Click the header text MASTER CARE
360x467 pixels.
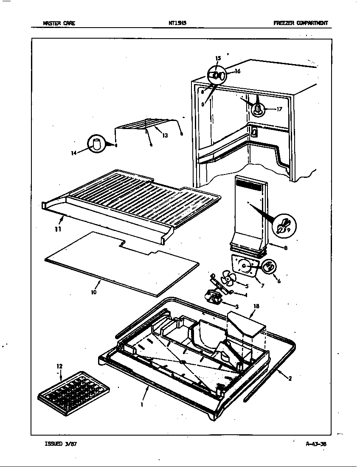(x=59, y=23)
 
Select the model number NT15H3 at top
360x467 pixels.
(x=180, y=23)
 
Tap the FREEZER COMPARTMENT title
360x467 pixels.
(x=301, y=23)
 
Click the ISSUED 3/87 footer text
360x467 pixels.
(x=60, y=444)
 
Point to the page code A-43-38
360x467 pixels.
(x=316, y=444)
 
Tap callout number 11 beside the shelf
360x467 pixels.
(x=58, y=229)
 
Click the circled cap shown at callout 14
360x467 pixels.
(x=97, y=144)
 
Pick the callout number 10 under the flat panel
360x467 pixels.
(x=93, y=292)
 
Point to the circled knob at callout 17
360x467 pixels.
(x=258, y=108)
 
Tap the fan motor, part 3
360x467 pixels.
(x=214, y=296)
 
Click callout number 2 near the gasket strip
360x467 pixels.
(x=290, y=379)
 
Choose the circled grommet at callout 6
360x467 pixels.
(x=269, y=267)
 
